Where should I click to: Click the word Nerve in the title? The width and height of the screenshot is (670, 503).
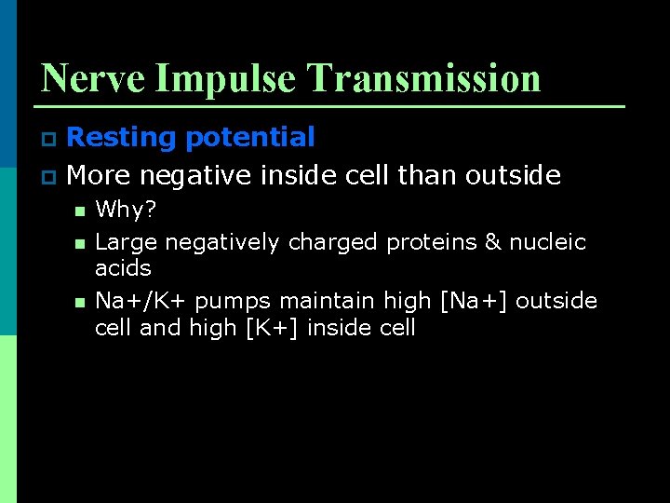tap(93, 78)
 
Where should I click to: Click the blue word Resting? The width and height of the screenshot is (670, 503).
tap(122, 138)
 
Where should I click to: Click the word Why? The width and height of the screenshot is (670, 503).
tap(126, 211)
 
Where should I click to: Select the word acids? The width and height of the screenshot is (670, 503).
tap(123, 268)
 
